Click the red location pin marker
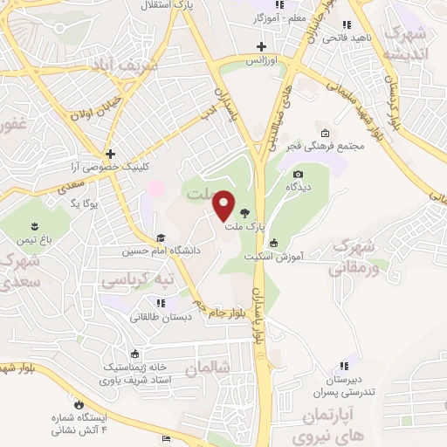[224, 205]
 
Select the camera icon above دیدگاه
[297, 175]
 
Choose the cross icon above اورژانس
[260, 46]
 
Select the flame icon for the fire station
[78, 404]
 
